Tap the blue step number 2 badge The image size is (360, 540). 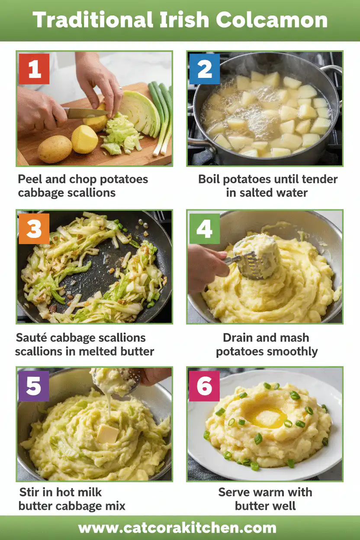(204, 69)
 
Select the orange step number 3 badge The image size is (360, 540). (34, 228)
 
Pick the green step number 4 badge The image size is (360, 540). (204, 228)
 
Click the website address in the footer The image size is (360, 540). (177, 528)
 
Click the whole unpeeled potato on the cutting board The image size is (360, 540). (55, 149)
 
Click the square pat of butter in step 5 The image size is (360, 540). (107, 434)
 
